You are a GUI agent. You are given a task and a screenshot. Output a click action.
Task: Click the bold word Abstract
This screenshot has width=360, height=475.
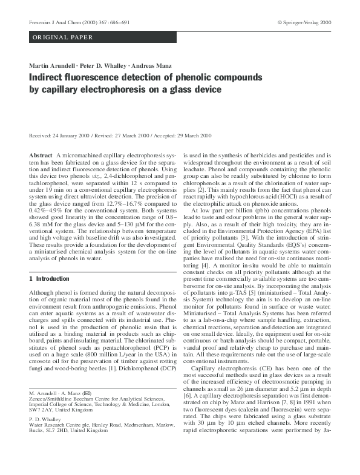coord(41,156)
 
